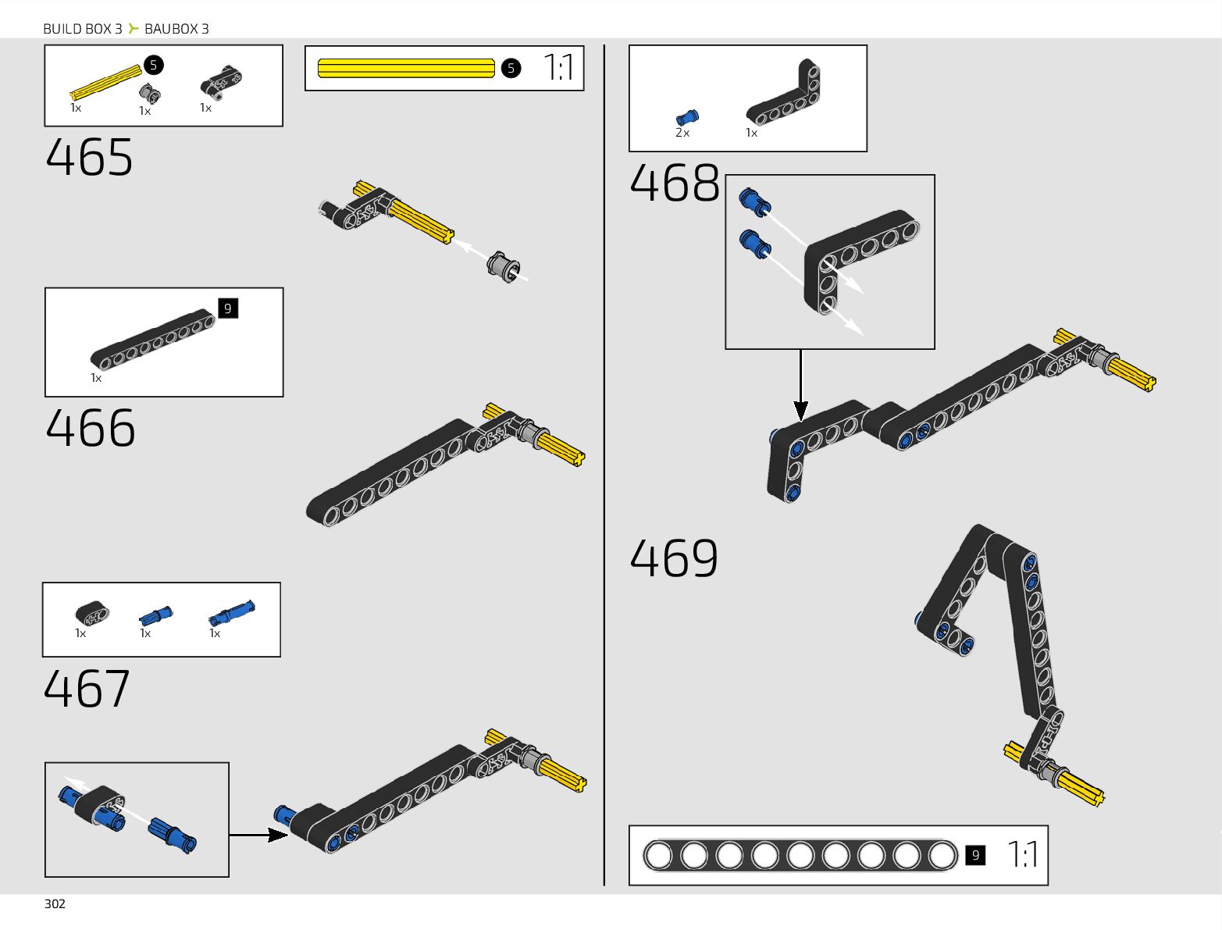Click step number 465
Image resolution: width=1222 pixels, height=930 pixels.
(89, 158)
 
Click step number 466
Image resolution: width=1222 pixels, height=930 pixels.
(91, 428)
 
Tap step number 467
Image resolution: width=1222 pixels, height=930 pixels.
(87, 689)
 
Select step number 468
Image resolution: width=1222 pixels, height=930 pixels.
(674, 184)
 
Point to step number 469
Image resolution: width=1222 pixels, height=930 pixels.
(673, 558)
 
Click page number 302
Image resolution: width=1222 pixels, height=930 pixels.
(55, 903)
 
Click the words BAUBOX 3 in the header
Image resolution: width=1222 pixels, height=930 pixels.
(176, 29)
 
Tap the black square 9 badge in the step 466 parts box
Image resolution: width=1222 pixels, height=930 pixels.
(227, 308)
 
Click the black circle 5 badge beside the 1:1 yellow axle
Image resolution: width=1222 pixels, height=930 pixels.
(511, 68)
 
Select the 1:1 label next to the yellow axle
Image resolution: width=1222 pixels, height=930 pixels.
(558, 68)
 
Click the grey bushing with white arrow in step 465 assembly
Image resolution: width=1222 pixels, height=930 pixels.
(504, 267)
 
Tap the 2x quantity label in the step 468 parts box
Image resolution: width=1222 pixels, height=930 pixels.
(682, 134)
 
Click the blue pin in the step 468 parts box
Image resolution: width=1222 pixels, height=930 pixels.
(687, 118)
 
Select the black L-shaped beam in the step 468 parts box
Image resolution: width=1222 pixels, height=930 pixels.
(785, 95)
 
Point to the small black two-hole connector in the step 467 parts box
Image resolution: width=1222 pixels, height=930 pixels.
(92, 614)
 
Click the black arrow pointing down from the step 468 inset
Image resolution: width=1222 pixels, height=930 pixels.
(800, 387)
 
